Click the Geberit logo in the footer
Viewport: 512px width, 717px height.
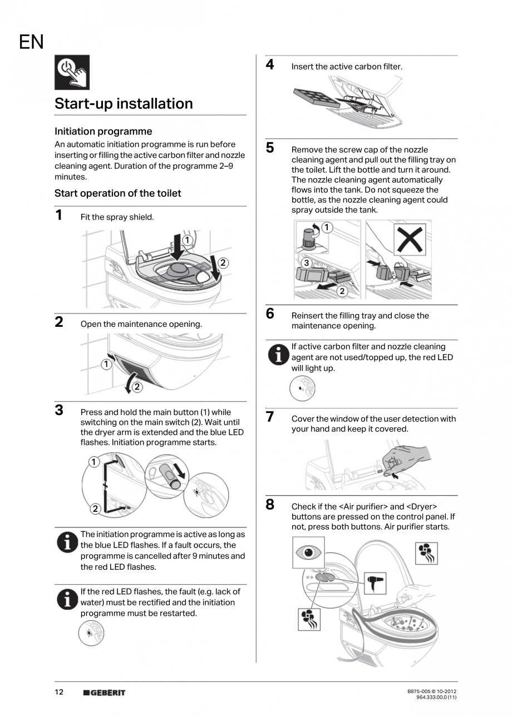click(x=104, y=693)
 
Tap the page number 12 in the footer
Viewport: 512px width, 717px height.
click(x=59, y=692)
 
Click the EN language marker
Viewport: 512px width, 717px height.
click(x=31, y=42)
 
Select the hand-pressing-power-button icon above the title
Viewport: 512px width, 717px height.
click(x=72, y=72)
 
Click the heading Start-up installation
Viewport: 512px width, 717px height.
click(x=124, y=104)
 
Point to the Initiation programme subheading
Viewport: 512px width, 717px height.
click(x=103, y=131)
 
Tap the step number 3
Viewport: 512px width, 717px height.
click(x=59, y=411)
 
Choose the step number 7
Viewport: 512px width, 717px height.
click(x=270, y=417)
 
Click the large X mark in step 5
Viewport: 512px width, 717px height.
click(x=410, y=240)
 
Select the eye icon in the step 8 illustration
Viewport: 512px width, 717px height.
click(x=308, y=552)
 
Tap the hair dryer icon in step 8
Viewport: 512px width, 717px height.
click(x=374, y=583)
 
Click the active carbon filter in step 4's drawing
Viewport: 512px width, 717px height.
click(x=316, y=98)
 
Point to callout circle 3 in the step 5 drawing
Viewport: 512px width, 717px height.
click(x=306, y=263)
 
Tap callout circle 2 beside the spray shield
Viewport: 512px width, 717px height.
click(x=222, y=262)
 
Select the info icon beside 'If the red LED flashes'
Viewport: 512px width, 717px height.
click(x=66, y=599)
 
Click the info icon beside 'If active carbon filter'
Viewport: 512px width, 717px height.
click(x=278, y=355)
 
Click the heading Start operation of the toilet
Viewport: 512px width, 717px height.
click(x=117, y=193)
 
